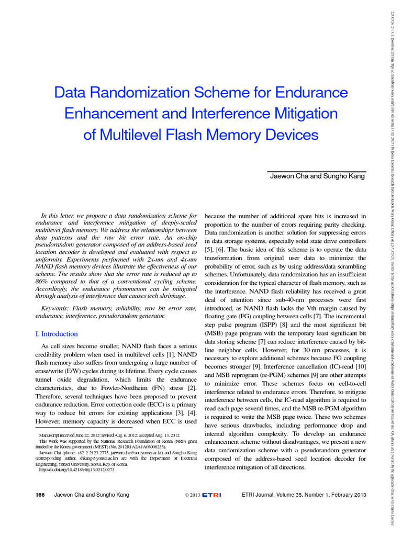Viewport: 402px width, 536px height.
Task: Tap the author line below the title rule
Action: pyautogui.click(x=317, y=176)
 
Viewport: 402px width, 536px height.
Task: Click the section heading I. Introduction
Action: pyautogui.click(x=56, y=334)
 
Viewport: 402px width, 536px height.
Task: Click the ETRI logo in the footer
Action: pyautogui.click(x=212, y=495)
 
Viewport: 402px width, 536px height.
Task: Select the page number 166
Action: pyautogui.click(x=41, y=495)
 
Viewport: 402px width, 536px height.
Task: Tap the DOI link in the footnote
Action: pyautogui.click(x=77, y=470)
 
